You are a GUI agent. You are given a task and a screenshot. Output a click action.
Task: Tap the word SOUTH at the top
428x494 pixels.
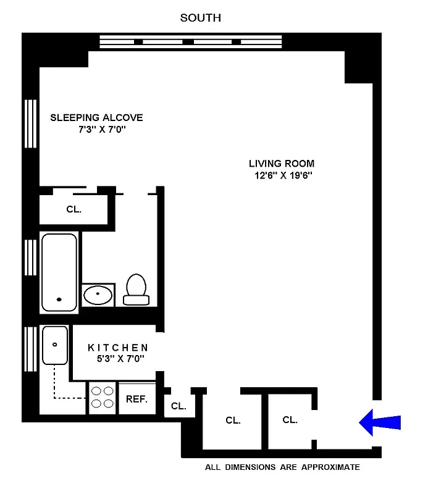click(200, 18)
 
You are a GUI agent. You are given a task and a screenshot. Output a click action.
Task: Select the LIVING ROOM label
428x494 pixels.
click(282, 164)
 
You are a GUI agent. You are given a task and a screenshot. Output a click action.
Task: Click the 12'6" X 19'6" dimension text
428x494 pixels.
click(282, 175)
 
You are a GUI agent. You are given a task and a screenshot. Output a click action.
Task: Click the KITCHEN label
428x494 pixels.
click(117, 348)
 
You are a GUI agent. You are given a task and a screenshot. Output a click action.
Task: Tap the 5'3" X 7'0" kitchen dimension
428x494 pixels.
click(117, 359)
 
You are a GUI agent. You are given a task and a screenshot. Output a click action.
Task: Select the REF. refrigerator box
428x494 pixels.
click(136, 399)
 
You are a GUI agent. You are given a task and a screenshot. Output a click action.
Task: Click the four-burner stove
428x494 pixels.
click(103, 398)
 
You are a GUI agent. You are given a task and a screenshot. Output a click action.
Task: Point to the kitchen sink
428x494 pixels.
click(55, 346)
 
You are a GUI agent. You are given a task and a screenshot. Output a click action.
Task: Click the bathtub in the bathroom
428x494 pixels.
click(59, 272)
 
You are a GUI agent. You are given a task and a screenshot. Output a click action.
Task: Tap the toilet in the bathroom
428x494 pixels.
click(136, 290)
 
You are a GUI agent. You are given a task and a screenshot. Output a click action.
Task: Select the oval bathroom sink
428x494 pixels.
click(98, 295)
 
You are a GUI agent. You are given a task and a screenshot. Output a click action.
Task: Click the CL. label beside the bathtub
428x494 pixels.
click(73, 209)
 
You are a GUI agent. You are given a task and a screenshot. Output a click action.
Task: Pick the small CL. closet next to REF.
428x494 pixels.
click(178, 406)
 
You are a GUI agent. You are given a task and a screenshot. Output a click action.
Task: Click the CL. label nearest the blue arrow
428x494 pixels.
click(290, 420)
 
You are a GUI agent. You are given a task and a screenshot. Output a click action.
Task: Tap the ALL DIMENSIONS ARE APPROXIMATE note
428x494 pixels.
click(282, 467)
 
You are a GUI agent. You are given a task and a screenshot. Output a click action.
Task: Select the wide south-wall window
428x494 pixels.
click(193, 41)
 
